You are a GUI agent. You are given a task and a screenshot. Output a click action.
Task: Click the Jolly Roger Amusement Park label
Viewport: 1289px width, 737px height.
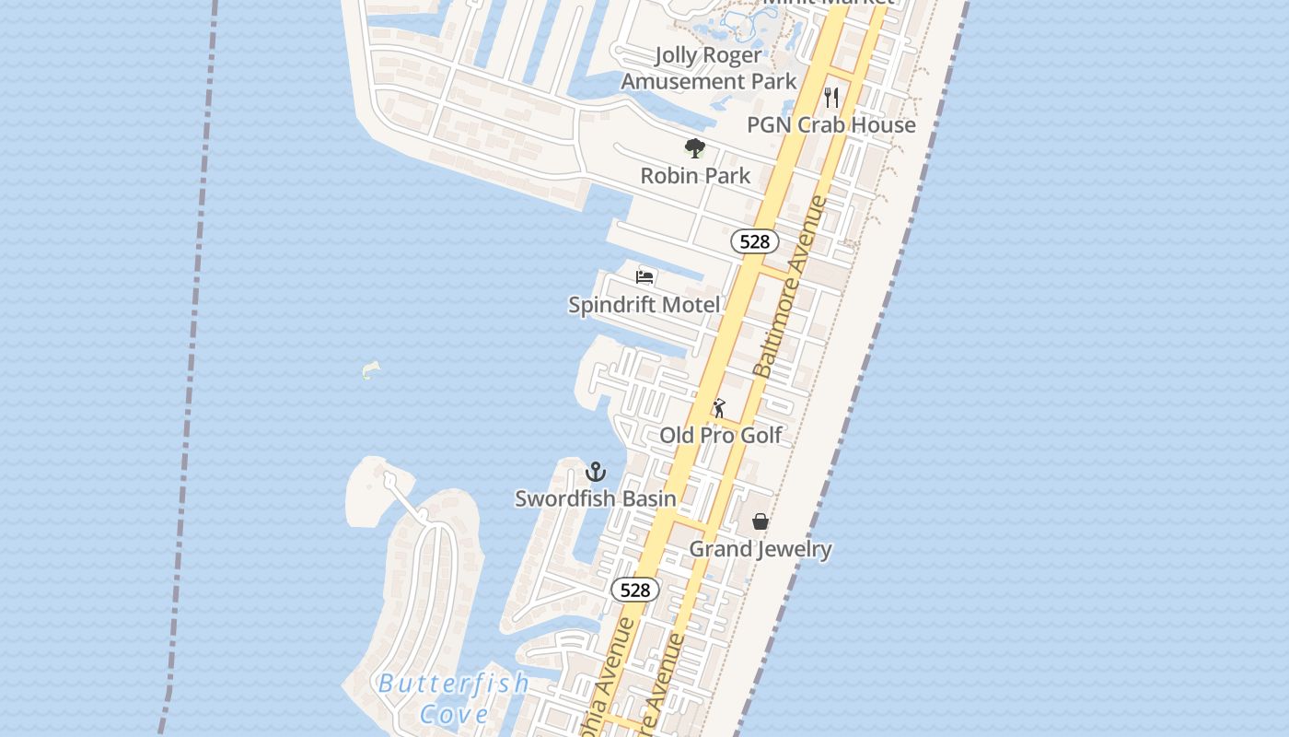[708, 68]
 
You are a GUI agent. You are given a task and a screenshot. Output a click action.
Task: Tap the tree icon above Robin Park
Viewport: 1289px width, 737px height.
[695, 147]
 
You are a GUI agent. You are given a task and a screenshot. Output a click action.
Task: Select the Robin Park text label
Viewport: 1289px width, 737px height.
[695, 175]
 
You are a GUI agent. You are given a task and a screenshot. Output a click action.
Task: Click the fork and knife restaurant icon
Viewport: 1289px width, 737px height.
[831, 97]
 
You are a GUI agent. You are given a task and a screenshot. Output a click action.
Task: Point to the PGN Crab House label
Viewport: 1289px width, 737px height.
[831, 124]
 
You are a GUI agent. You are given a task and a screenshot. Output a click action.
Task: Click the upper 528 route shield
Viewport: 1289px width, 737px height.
[755, 241]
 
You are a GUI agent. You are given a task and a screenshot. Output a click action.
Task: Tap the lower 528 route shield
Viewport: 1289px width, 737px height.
[635, 590]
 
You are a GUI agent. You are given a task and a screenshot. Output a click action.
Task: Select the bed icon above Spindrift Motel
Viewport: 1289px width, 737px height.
[644, 276]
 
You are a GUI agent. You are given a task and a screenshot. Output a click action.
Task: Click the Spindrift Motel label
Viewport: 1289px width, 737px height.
[644, 304]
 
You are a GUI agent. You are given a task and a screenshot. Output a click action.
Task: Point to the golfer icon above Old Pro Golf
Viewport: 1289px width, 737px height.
[719, 407]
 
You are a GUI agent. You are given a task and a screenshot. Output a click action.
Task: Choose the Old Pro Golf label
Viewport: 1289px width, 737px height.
[721, 435]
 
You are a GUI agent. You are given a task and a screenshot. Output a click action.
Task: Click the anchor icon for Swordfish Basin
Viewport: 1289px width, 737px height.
[596, 472]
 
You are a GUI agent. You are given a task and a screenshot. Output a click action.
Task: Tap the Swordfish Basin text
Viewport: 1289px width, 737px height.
[596, 498]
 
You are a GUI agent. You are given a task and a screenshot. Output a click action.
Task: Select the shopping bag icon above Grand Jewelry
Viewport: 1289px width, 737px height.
[761, 521]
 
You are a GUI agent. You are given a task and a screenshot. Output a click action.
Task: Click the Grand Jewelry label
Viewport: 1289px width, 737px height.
[761, 549]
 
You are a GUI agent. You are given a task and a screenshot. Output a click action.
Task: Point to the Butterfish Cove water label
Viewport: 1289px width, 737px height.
[454, 698]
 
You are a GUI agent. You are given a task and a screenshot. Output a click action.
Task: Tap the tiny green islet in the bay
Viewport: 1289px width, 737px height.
[370, 370]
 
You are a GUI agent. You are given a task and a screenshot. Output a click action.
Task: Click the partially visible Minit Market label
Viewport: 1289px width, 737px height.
[829, 4]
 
